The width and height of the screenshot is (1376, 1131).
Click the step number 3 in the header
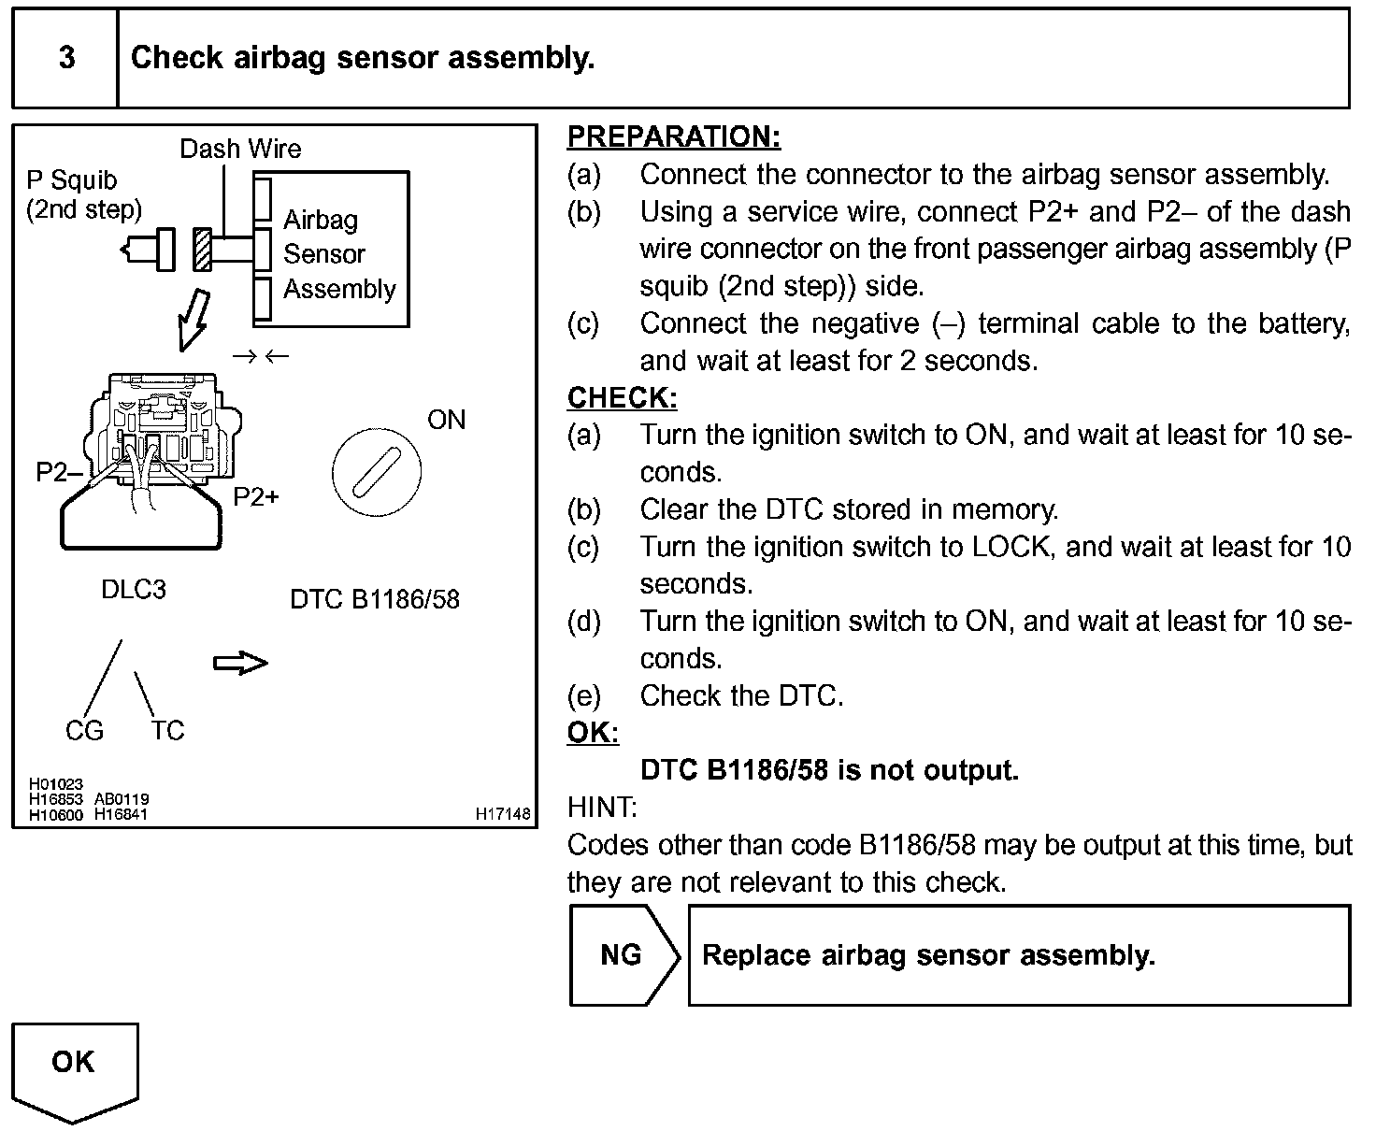click(66, 58)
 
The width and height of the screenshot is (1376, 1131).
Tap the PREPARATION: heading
click(673, 136)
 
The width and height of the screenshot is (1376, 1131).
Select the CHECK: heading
click(622, 398)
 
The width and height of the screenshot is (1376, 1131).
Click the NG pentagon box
click(623, 955)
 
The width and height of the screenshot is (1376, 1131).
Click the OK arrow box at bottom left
click(74, 1066)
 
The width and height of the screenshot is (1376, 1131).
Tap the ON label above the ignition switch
click(446, 420)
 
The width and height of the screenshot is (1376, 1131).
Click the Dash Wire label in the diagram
click(240, 149)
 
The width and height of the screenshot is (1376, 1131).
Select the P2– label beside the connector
click(58, 473)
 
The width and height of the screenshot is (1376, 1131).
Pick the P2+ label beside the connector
click(256, 497)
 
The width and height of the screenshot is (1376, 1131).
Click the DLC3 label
click(134, 590)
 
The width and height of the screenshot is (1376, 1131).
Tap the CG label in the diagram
click(84, 731)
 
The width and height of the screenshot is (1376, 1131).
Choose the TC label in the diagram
click(168, 731)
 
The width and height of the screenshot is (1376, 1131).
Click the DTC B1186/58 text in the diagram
click(375, 599)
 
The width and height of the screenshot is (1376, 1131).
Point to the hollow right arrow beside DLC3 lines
click(240, 663)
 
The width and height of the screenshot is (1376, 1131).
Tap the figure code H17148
click(503, 814)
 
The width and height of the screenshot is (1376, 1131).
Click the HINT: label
click(602, 807)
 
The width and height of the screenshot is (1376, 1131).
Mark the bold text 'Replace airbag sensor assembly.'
click(928, 955)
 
